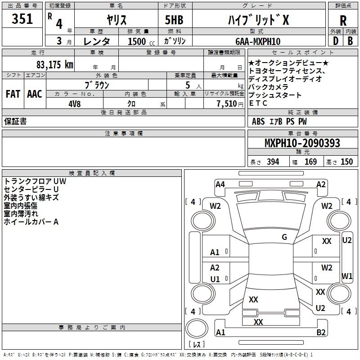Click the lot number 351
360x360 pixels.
tap(22, 19)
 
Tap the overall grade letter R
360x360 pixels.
tap(343, 21)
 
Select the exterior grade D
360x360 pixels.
tap(335, 41)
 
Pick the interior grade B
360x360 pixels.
tap(351, 41)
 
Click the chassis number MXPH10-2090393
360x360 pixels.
tap(302, 144)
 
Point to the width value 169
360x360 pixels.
tap(310, 162)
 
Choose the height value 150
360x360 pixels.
tap(346, 162)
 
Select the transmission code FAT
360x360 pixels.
tap(13, 94)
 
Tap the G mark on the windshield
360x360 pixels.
tap(284, 237)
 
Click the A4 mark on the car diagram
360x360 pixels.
tap(220, 184)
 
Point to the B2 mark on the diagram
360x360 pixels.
tap(321, 333)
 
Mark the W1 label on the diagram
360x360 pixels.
tap(347, 276)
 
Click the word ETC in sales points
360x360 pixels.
tap(258, 103)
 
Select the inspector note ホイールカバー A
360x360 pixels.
tap(31, 222)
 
